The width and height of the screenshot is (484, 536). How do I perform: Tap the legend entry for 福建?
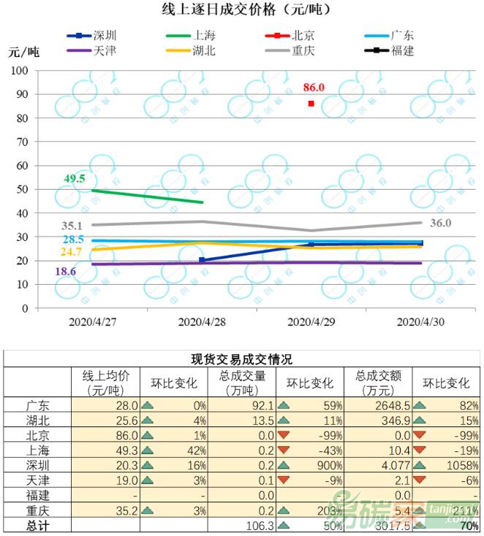pyautogui.click(x=401, y=50)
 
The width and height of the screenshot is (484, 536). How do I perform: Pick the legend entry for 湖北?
pyautogui.click(x=203, y=50)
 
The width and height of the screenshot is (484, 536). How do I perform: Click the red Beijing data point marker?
pyautogui.click(x=311, y=104)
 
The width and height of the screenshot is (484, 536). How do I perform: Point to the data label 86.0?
pyautogui.click(x=314, y=88)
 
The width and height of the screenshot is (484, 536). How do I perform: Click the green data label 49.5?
pyautogui.click(x=75, y=178)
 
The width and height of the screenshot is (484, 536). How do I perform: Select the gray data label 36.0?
pyautogui.click(x=441, y=223)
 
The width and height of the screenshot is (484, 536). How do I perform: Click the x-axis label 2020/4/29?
pyautogui.click(x=309, y=321)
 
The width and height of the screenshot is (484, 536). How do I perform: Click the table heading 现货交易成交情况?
pyautogui.click(x=241, y=359)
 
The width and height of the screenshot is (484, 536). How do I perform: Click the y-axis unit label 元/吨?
pyautogui.click(x=23, y=51)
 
